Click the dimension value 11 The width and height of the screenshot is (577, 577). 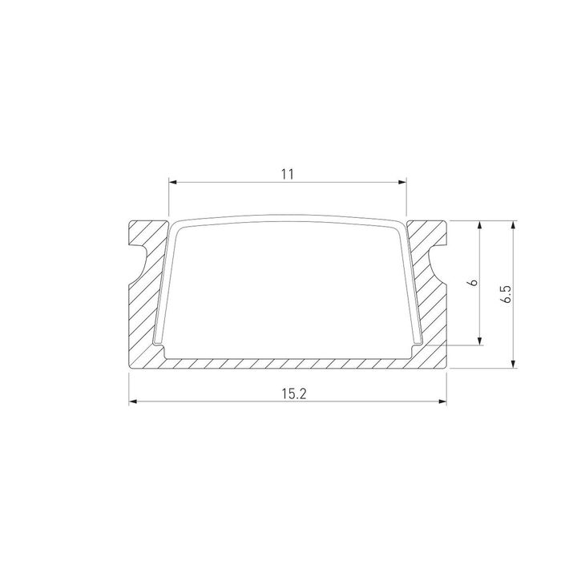pos(288,173)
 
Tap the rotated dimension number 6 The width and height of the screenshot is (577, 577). pos(474,283)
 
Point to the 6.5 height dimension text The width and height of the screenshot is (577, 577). pos(505,293)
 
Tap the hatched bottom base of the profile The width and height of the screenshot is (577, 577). pos(288,363)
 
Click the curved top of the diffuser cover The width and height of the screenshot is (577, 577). pos(288,217)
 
